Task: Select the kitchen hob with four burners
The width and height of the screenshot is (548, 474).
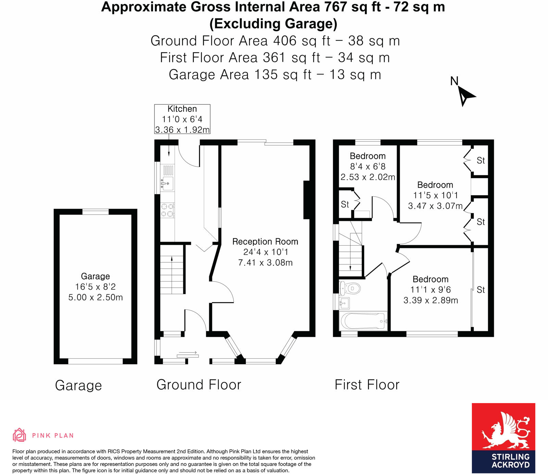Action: point(167,210)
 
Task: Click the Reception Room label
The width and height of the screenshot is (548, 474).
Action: point(265,242)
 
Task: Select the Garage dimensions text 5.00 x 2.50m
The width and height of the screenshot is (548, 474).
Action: point(95,297)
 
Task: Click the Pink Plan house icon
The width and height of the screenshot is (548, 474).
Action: point(19,435)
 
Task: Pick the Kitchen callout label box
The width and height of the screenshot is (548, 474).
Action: point(182,119)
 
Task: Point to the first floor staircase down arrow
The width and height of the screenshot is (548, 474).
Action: point(350,267)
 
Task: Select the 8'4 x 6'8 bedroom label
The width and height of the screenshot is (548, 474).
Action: point(368,166)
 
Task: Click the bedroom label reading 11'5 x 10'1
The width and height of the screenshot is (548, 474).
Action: point(435,195)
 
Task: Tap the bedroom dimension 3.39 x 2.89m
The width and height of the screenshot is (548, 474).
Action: point(431,300)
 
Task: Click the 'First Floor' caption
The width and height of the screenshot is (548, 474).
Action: point(367,385)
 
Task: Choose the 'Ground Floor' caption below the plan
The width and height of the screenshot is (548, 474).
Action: point(199,385)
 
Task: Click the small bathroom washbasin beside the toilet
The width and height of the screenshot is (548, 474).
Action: point(344,303)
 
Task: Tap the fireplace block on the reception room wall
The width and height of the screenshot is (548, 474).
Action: point(307,200)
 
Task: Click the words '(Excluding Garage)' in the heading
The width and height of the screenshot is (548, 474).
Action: point(273,24)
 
